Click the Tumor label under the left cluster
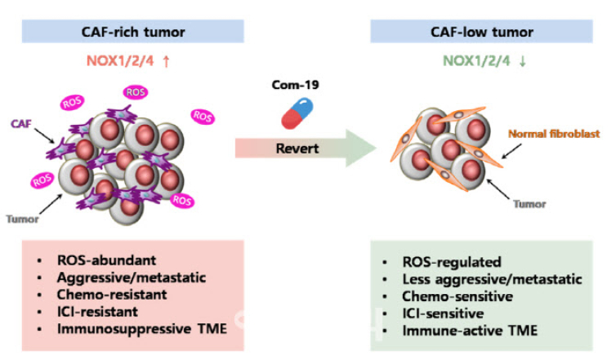pos(23,218)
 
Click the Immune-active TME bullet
pos(462,331)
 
